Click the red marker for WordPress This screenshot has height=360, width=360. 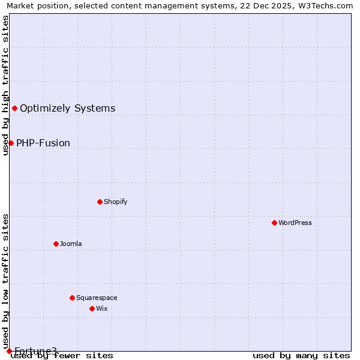pos(274,223)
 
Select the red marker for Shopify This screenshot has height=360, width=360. pos(100,202)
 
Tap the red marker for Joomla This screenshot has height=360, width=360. pos(56,244)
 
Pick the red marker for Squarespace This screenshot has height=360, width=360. pos(72,298)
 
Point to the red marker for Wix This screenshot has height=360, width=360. pos(92,308)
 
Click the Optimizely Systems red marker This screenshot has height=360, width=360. pos(14,108)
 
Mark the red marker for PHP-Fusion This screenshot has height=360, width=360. pos(11,143)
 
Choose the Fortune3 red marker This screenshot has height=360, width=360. pos(9,351)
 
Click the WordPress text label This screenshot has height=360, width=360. pos(295,223)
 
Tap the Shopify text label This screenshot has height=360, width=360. pos(116,202)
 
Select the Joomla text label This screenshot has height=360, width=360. pos(71,244)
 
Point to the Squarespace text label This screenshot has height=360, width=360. pos(97,298)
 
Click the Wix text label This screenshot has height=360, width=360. pos(102,308)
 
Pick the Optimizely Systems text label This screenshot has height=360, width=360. pos(68,108)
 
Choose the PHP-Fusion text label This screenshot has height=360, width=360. pos(43,143)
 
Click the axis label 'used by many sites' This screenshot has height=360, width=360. pos(301,356)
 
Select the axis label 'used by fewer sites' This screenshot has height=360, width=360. pos(62,356)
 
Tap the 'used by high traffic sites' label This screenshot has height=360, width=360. pos(6,85)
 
